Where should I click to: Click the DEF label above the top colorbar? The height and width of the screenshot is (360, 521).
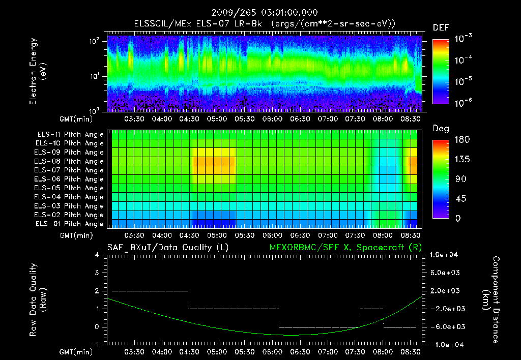click(441, 27)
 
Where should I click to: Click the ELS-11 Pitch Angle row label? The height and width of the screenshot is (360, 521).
click(70, 135)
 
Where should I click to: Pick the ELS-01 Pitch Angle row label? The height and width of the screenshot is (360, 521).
click(70, 224)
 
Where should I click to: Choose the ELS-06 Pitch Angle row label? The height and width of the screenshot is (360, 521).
click(70, 179)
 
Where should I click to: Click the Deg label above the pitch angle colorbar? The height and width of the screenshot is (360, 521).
click(441, 129)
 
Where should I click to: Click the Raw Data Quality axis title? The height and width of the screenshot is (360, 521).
click(38, 300)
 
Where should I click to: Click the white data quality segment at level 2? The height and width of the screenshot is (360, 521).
click(150, 291)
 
